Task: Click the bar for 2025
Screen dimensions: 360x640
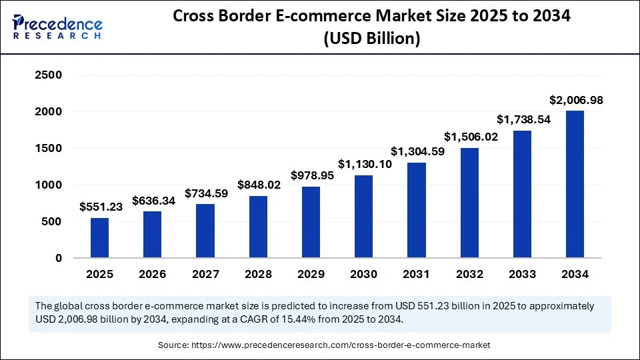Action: pyautogui.click(x=100, y=237)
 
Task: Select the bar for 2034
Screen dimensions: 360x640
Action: pyautogui.click(x=575, y=184)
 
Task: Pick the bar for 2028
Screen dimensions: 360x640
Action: pyautogui.click(x=259, y=227)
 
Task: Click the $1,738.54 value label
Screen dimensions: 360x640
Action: pyautogui.click(x=522, y=119)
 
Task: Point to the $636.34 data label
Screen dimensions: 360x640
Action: pyautogui.click(x=153, y=200)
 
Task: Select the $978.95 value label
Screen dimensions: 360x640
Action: pyautogui.click(x=311, y=175)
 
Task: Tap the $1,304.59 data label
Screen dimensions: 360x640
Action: pyautogui.click(x=416, y=151)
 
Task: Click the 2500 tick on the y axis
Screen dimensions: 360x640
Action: pyautogui.click(x=49, y=75)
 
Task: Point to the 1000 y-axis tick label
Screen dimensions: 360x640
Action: pyautogui.click(x=49, y=185)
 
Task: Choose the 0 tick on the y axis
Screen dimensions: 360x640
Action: pyautogui.click(x=58, y=258)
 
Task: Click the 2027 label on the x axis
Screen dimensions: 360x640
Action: pyautogui.click(x=205, y=274)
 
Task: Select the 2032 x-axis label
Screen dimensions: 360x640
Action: pyautogui.click(x=469, y=274)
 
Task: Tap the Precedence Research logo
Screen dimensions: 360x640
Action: pyautogui.click(x=57, y=27)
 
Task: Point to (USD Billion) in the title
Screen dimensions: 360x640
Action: pyautogui.click(x=372, y=39)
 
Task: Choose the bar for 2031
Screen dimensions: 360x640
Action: pyautogui.click(x=417, y=210)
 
